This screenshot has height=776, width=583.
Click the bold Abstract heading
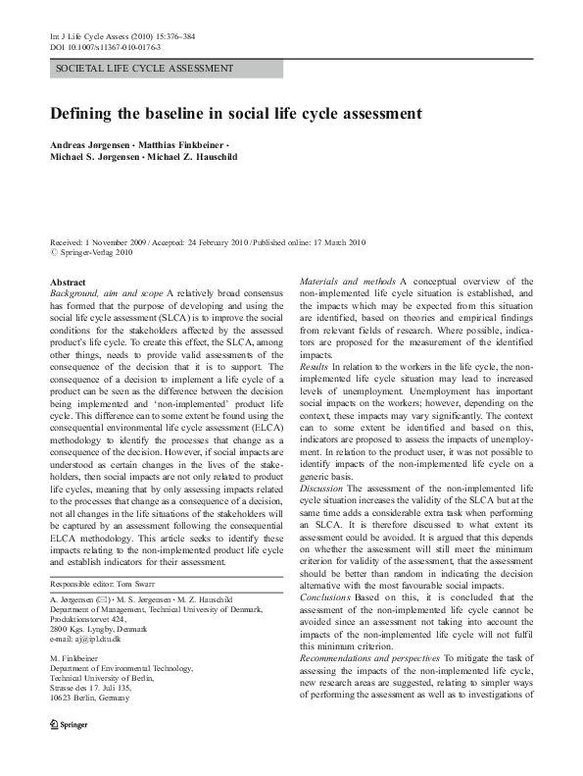coord(68,282)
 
